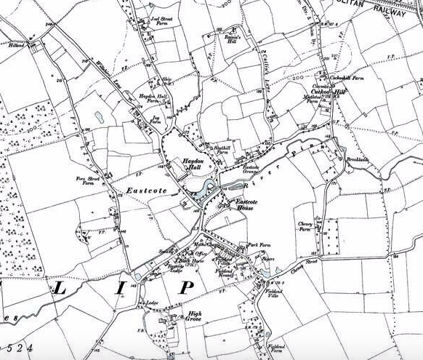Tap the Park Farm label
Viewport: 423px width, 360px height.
coord(258,246)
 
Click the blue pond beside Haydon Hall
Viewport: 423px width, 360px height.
coord(201,191)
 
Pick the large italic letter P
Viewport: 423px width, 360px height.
coord(188,286)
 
